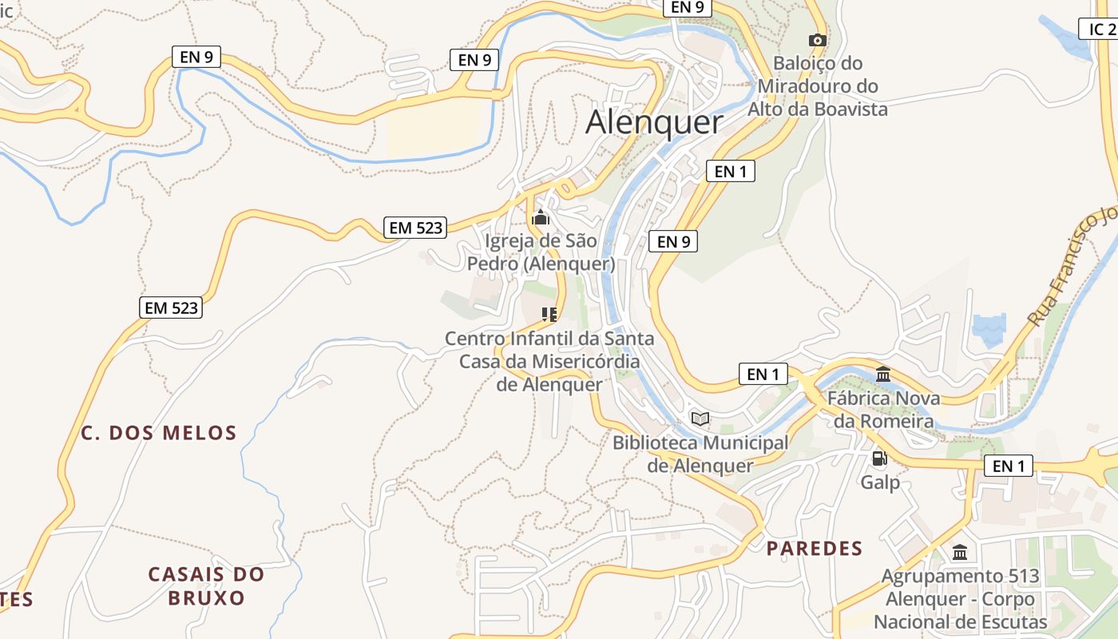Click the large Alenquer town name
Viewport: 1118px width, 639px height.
coord(654,122)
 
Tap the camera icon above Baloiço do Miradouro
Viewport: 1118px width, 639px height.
coord(817,40)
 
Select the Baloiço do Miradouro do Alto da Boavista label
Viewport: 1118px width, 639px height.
coord(817,85)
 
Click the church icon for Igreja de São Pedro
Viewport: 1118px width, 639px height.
coord(541,217)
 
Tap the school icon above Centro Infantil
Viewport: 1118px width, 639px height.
coord(549,315)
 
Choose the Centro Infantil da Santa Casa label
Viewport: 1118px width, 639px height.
coord(549,361)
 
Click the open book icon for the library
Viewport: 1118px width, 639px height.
coord(700,419)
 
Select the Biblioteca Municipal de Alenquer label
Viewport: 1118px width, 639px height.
coord(700,454)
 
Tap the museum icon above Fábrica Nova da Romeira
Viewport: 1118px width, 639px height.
coord(883,374)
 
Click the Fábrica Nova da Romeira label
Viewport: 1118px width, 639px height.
coord(883,409)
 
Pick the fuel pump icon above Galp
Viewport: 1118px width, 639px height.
coord(879,458)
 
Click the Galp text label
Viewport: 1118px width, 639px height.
coord(880,482)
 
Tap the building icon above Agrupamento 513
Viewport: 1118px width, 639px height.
coord(960,552)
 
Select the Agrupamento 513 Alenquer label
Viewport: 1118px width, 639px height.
coord(960,598)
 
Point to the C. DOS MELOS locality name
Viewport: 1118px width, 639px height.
coord(159,434)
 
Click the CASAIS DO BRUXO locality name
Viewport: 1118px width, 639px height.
coord(206,585)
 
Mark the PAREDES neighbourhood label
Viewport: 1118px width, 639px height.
coord(815,549)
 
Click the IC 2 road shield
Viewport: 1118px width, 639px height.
coord(1101,30)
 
